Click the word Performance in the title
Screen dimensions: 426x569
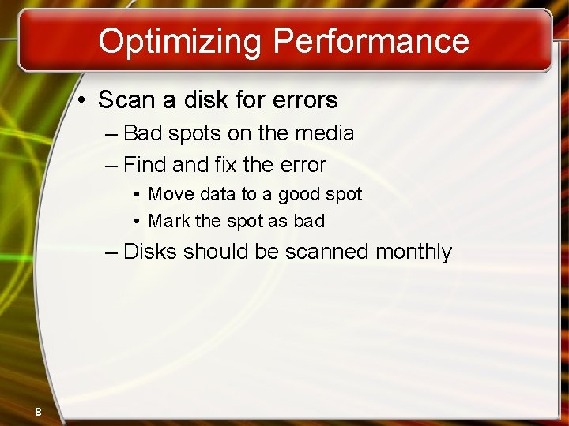tap(369, 41)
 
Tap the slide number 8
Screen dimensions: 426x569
tap(38, 411)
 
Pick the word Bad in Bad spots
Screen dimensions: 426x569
tap(142, 133)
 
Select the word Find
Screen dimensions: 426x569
tap(145, 165)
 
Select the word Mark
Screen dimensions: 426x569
tap(169, 221)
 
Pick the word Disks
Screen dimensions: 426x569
tap(150, 252)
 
